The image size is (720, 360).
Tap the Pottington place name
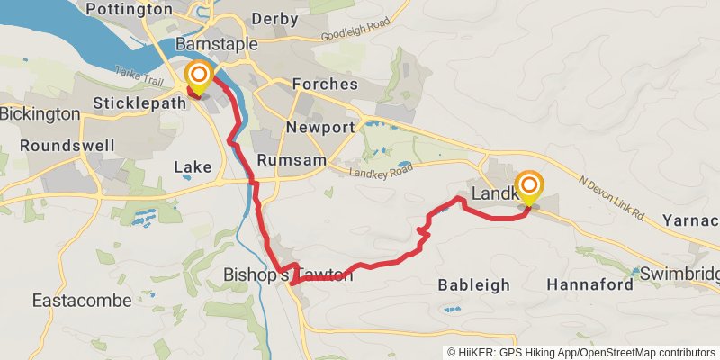click(x=128, y=9)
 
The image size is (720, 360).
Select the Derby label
click(x=274, y=18)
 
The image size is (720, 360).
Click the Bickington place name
click(x=40, y=114)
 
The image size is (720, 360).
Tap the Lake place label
click(x=192, y=166)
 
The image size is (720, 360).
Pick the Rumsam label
click(x=284, y=159)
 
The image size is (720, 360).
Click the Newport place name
click(x=320, y=128)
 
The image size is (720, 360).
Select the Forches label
click(x=325, y=85)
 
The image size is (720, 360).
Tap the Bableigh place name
click(x=473, y=284)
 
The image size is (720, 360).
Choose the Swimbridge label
click(x=679, y=273)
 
